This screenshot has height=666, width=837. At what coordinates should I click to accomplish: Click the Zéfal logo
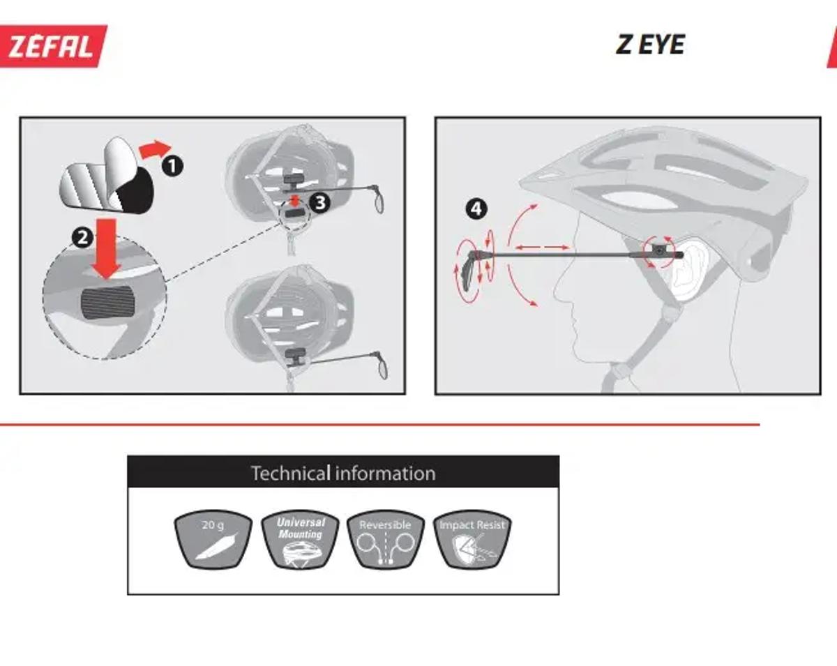pyautogui.click(x=52, y=46)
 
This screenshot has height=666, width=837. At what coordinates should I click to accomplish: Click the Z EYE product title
pyautogui.click(x=650, y=45)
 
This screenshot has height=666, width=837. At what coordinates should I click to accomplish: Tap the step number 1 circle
pyautogui.click(x=172, y=166)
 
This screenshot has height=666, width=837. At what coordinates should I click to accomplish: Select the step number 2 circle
pyautogui.click(x=82, y=237)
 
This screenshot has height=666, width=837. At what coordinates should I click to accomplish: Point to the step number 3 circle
pyautogui.click(x=319, y=202)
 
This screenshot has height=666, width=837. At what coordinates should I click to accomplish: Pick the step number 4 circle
pyautogui.click(x=476, y=209)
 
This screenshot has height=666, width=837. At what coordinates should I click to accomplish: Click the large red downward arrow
pyautogui.click(x=106, y=249)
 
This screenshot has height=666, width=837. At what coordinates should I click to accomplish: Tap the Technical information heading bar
pyautogui.click(x=343, y=471)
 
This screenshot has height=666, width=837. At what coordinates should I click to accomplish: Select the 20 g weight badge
pyautogui.click(x=213, y=539)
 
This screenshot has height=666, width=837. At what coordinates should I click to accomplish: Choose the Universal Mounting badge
pyautogui.click(x=300, y=539)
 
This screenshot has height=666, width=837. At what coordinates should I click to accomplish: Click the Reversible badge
pyautogui.click(x=386, y=539)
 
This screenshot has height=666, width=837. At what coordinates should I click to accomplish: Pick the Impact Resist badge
pyautogui.click(x=472, y=539)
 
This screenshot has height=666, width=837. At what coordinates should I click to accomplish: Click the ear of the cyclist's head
pyautogui.click(x=688, y=268)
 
